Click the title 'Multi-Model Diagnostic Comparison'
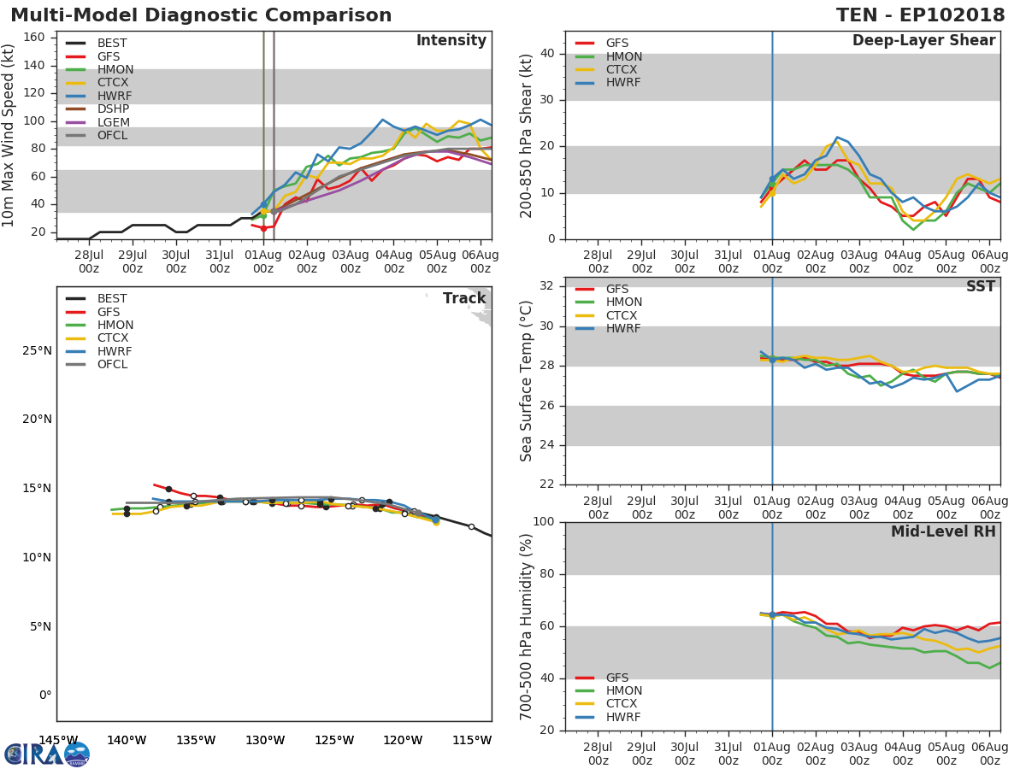(x=201, y=15)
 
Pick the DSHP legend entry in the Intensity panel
(x=113, y=109)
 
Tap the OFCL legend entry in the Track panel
(x=112, y=365)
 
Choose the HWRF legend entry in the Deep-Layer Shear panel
(x=622, y=83)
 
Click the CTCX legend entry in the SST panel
(x=623, y=315)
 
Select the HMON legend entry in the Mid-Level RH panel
(x=623, y=691)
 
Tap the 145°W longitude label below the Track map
(x=58, y=740)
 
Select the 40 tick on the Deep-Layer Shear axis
(x=547, y=54)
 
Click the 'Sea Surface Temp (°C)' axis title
(x=528, y=380)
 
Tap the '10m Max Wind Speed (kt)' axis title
(x=9, y=135)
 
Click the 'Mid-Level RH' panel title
(x=943, y=532)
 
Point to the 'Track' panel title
(x=464, y=299)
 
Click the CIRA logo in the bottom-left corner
(x=46, y=754)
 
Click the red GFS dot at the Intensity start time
(x=263, y=228)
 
